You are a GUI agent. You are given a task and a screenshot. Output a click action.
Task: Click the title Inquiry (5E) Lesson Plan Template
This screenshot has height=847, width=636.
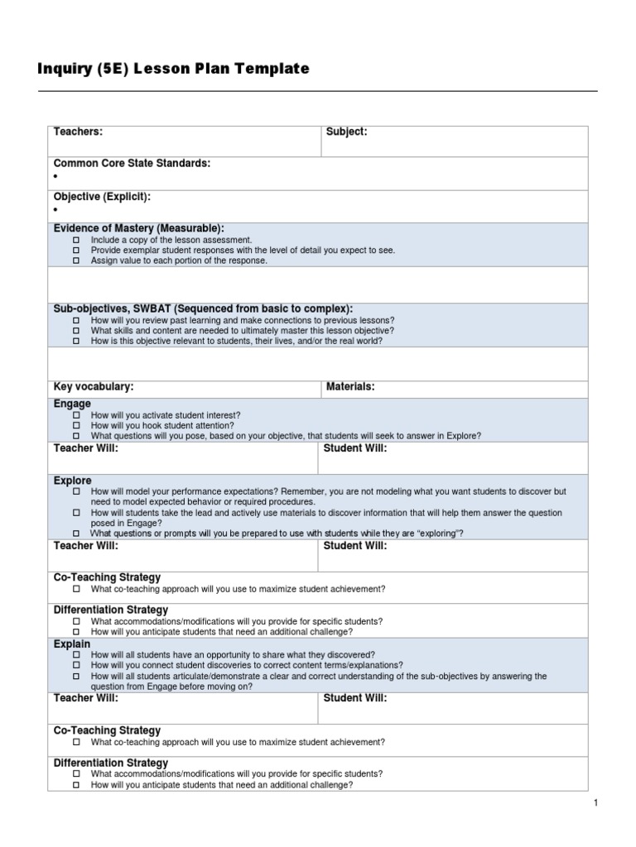pyautogui.click(x=173, y=69)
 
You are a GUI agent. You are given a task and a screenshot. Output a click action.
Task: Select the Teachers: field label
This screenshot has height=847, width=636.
pyautogui.click(x=78, y=132)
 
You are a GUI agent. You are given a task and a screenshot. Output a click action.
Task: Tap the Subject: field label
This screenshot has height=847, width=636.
pyautogui.click(x=346, y=132)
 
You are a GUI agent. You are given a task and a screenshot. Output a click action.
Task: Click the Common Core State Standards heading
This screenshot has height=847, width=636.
pyautogui.click(x=132, y=164)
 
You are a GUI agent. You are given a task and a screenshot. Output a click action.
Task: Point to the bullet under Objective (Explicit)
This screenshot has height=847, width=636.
pyautogui.click(x=55, y=210)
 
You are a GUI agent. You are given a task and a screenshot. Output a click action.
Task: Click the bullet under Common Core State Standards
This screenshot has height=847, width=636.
pyautogui.click(x=55, y=177)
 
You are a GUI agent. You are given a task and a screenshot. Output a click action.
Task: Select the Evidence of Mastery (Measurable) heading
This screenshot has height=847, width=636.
pyautogui.click(x=138, y=228)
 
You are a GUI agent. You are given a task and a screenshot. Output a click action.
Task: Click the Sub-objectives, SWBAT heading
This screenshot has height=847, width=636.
pyautogui.click(x=203, y=309)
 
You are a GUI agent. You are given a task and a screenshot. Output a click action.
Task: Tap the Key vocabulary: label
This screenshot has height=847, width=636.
pyautogui.click(x=94, y=386)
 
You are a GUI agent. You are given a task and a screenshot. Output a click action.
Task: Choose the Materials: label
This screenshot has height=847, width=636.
pyautogui.click(x=350, y=386)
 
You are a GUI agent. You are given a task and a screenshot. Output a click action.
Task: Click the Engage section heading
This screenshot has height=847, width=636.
pyautogui.click(x=72, y=404)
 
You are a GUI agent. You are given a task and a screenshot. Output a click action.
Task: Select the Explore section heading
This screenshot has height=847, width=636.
pyautogui.click(x=72, y=480)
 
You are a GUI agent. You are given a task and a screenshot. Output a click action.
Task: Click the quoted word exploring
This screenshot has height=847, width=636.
pyautogui.click(x=433, y=534)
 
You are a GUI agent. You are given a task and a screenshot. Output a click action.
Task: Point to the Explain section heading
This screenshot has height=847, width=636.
pyautogui.click(x=72, y=644)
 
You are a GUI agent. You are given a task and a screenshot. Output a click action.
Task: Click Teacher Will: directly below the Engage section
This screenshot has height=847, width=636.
pyautogui.click(x=85, y=448)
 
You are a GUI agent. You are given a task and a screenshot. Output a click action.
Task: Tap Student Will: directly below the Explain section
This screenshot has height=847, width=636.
pyautogui.click(x=354, y=698)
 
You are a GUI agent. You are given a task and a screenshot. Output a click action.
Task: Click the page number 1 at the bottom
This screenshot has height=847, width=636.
pyautogui.click(x=595, y=803)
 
